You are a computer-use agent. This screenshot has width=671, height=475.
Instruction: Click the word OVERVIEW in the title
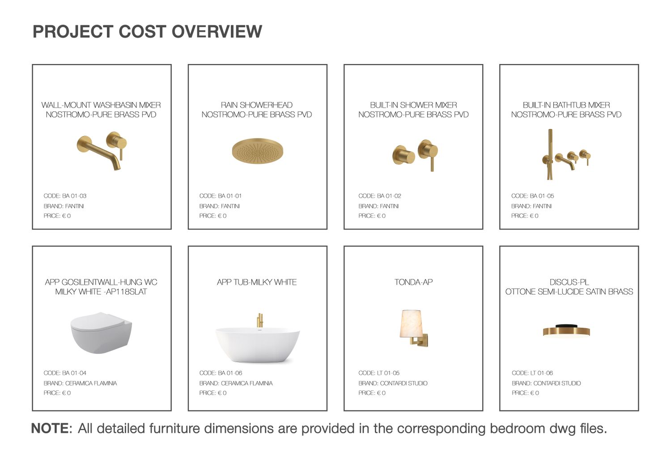(217, 31)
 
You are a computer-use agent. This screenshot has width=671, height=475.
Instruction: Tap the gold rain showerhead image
(257, 151)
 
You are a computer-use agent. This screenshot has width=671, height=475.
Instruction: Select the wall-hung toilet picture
(101, 333)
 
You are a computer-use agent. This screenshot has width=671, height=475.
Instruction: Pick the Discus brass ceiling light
(566, 331)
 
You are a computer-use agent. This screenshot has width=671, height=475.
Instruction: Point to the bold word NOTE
(50, 428)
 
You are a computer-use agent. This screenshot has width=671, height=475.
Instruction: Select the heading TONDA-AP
(413, 282)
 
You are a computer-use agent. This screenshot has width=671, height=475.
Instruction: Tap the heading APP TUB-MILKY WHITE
(257, 282)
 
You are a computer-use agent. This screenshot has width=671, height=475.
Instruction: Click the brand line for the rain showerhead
(220, 206)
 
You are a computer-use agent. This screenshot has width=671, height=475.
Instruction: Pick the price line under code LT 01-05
(372, 393)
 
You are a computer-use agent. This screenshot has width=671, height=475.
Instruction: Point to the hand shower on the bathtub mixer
(550, 154)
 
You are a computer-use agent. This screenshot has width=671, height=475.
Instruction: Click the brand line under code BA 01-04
(80, 383)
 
